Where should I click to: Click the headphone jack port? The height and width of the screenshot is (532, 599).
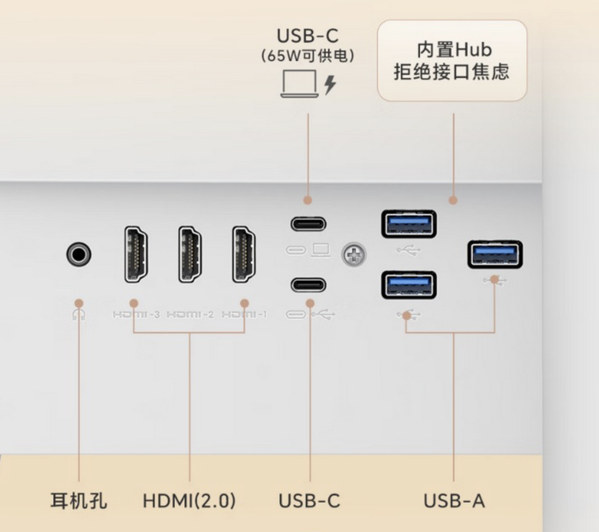[79, 254]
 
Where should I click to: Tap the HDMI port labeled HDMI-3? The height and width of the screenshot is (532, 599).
[136, 254]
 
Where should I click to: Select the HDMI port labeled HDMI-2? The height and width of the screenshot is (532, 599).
[190, 254]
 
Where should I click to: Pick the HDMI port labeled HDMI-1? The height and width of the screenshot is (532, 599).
[244, 254]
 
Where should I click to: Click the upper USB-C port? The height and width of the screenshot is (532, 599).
[308, 224]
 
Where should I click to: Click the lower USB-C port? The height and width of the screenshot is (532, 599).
[308, 285]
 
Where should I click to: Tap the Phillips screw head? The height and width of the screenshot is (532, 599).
[354, 255]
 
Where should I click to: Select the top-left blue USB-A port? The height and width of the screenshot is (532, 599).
[409, 224]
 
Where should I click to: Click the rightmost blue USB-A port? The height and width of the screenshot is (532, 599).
[495, 254]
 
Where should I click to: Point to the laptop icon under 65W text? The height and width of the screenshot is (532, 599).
[299, 84]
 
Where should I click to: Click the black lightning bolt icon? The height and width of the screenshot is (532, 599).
[329, 85]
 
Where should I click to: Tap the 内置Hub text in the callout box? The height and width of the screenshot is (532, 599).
[454, 50]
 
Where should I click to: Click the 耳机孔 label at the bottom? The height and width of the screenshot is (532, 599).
[79, 501]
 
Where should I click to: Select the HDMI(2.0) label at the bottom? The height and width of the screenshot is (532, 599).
[189, 501]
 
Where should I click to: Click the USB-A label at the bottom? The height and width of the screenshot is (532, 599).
[454, 501]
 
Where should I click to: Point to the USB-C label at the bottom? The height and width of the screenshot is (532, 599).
[309, 501]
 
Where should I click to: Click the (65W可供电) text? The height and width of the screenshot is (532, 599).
[308, 56]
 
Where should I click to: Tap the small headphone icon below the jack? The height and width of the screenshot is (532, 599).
[79, 315]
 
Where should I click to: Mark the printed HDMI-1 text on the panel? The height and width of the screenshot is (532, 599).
[244, 315]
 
